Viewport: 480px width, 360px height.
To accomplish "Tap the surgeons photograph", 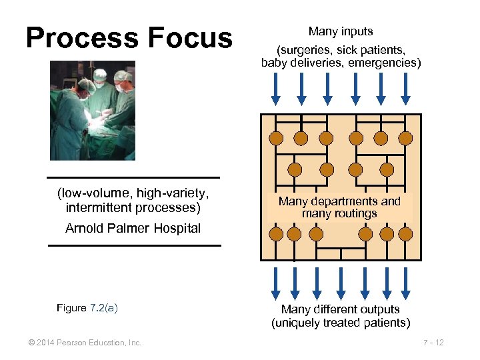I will [93, 111].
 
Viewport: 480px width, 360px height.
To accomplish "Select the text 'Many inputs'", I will [341, 31].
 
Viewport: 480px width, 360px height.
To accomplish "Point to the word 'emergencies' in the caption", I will [385, 63].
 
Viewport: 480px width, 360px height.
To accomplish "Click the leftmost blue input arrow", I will [275, 88].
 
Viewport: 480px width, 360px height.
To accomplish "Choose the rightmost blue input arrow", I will [406, 88].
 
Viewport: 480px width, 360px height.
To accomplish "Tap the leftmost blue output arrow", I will [275, 283].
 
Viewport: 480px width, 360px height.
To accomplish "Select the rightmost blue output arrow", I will [406, 283].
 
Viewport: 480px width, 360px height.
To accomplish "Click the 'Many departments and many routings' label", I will [339, 207].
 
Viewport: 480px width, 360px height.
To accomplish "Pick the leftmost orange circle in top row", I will [275, 138].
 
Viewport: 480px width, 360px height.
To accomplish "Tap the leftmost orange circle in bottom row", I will [275, 233].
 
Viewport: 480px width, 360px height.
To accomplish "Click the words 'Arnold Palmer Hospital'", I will [133, 228].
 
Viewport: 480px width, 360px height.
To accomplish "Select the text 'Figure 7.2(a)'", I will [87, 308].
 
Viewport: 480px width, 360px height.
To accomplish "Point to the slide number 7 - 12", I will [434, 343].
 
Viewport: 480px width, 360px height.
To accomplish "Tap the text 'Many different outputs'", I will [341, 309].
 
